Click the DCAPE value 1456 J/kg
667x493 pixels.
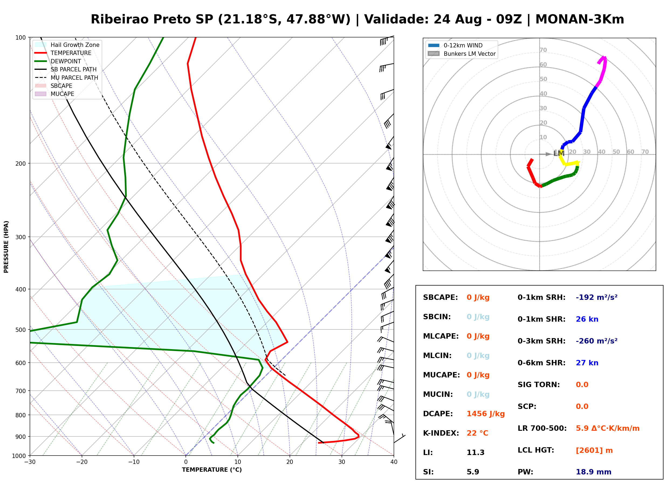coord(486,414)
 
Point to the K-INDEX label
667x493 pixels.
coord(441,433)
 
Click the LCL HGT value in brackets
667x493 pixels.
coord(594,450)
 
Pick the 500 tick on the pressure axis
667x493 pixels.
coord(20,330)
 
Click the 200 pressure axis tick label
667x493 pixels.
coord(20,164)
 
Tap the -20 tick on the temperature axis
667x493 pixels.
coord(81,462)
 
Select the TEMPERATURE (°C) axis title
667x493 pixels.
coord(212,470)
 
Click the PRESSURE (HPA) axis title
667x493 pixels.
coord(6,247)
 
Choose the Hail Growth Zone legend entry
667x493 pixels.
coord(67,45)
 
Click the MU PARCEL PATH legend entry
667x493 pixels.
coord(66,78)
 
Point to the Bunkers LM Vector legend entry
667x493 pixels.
coord(462,54)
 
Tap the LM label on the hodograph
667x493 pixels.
coord(559,153)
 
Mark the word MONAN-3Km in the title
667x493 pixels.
coord(580,19)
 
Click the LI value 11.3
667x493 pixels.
coord(476,452)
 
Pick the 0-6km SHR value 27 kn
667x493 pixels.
coord(587,363)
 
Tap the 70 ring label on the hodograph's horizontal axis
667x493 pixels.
coord(645,152)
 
